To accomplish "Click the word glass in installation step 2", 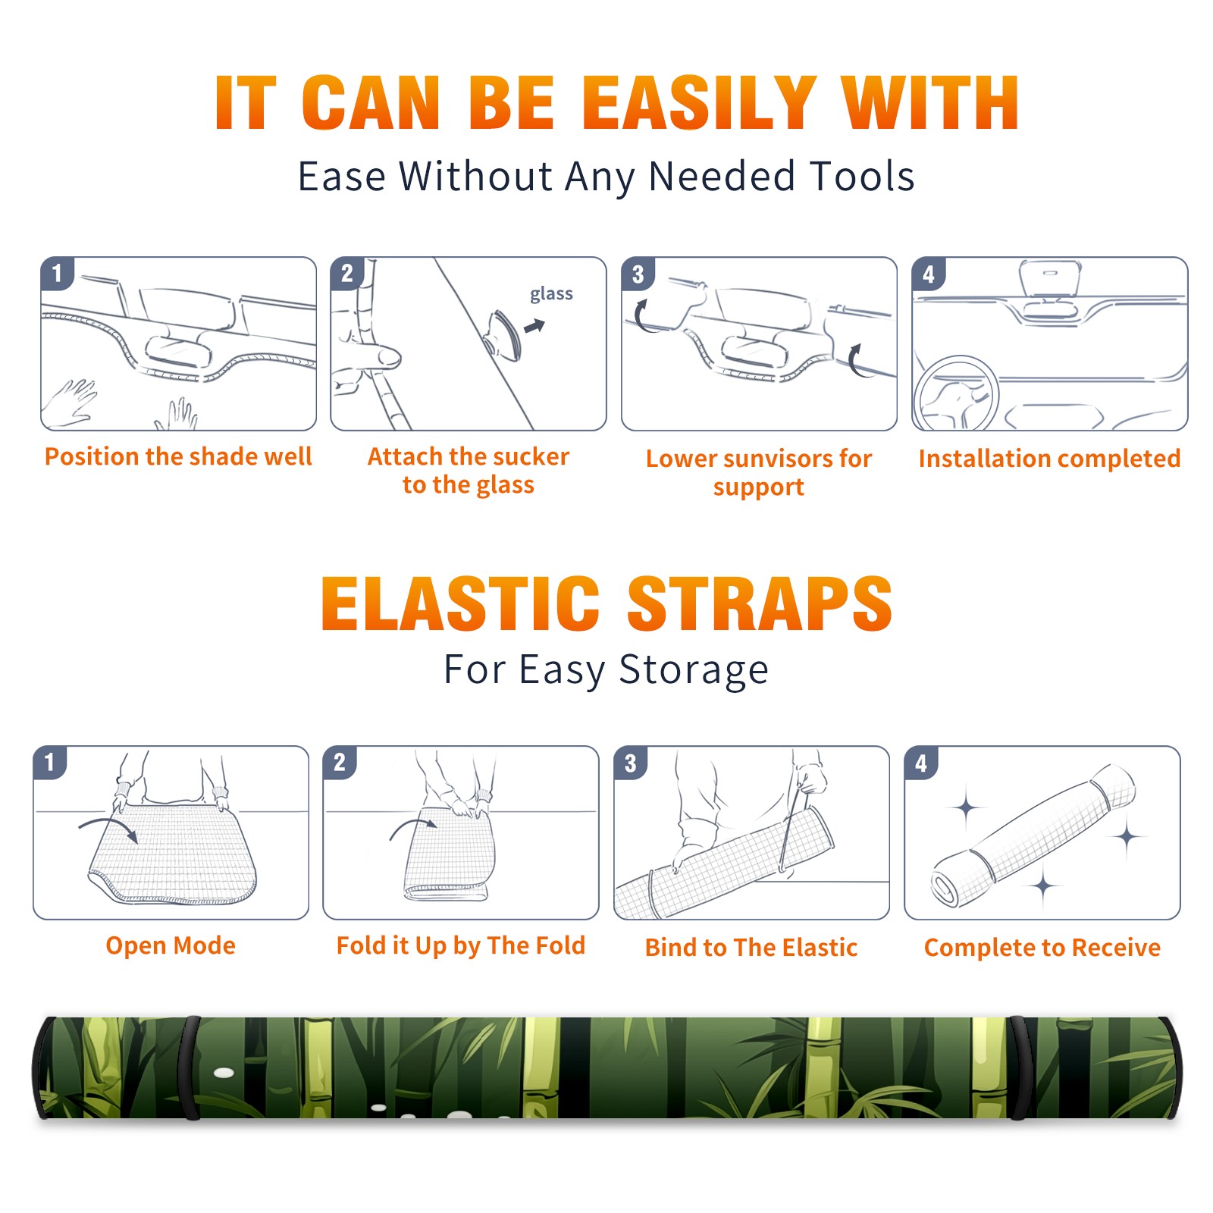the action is point(551,294).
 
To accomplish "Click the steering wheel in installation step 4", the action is point(955,393).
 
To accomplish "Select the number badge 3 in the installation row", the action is point(638,274).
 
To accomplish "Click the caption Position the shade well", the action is point(178,456).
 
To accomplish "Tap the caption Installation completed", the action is point(1049,459).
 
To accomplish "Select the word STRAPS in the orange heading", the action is point(760,603).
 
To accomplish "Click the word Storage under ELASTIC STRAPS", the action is point(694,670).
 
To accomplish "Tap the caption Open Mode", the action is point(171,945).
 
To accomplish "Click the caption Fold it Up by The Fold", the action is point(461,946).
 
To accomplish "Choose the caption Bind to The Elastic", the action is point(751,948).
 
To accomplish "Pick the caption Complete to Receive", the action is point(1042,948).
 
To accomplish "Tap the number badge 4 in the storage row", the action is point(921,763).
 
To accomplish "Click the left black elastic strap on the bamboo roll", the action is point(191,1067).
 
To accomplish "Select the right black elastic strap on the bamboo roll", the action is point(1020,1067).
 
